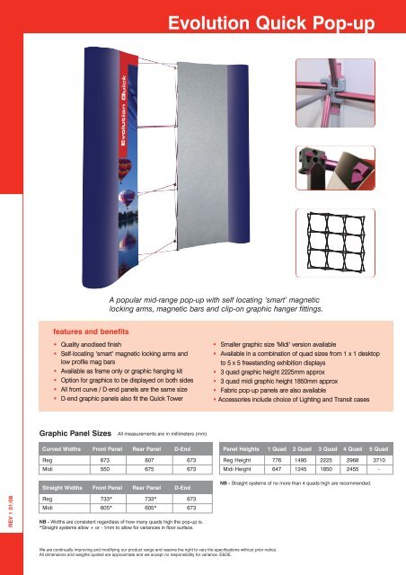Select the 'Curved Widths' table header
[x=64, y=447]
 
